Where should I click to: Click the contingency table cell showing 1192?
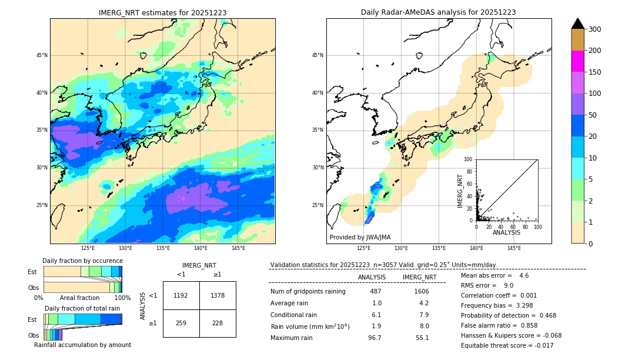click(181, 295)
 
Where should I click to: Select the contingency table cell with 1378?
click(218, 295)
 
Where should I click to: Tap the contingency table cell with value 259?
click(181, 323)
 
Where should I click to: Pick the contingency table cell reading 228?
click(218, 323)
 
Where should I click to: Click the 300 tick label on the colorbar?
click(594, 29)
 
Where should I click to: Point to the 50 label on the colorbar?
click(593, 115)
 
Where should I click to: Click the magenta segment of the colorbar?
click(578, 61)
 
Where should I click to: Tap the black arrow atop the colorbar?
click(578, 24)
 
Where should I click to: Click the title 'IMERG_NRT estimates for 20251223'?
click(162, 12)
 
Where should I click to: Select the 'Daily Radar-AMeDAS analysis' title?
click(438, 12)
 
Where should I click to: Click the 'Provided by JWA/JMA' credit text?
click(360, 238)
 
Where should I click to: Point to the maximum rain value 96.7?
click(375, 338)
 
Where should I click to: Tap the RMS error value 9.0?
click(509, 286)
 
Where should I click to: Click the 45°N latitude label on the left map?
click(42, 56)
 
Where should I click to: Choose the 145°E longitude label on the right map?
click(514, 248)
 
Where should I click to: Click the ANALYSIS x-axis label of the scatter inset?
click(506, 233)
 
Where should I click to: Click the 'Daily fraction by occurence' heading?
click(82, 261)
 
